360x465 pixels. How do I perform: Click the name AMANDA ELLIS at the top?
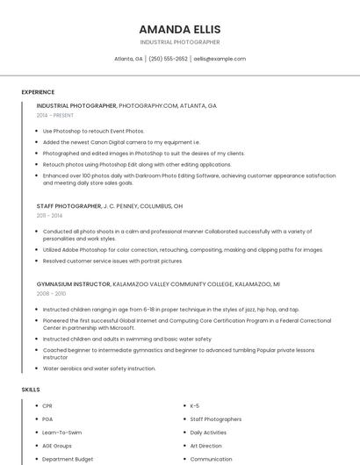pos(180,29)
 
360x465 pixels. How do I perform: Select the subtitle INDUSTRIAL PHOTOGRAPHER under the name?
pos(180,42)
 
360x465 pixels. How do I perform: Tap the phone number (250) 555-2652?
pos(168,59)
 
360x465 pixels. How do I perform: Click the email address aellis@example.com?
pos(220,59)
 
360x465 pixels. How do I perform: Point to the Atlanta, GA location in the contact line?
pos(128,59)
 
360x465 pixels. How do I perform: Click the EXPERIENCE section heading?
pos(38,92)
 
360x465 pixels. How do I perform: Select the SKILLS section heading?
pos(31,389)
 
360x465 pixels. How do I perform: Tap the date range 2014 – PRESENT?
pos(55,115)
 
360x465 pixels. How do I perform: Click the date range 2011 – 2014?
pos(49,215)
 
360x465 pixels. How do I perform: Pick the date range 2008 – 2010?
pos(51,294)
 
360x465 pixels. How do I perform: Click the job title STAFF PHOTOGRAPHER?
pos(68,206)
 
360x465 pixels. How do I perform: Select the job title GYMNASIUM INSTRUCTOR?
pos(73,284)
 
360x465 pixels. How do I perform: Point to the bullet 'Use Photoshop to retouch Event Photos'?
pos(93,131)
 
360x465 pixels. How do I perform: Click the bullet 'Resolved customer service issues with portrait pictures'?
pos(112,261)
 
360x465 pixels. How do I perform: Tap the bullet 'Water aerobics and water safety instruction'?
pos(99,368)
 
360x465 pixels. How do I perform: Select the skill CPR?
pos(47,406)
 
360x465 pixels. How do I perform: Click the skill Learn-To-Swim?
pos(61,433)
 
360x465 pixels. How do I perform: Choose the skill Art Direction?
pos(206,446)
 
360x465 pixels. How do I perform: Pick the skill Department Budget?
pos(68,459)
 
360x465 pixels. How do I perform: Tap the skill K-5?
pos(195,406)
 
